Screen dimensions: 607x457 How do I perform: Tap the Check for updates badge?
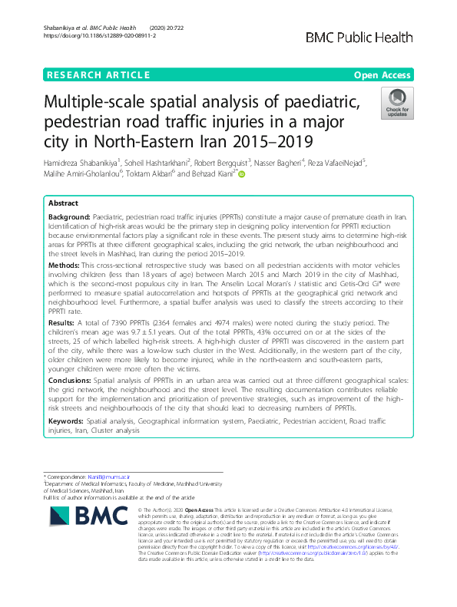[397, 102]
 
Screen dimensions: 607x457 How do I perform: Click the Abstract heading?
[64, 204]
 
